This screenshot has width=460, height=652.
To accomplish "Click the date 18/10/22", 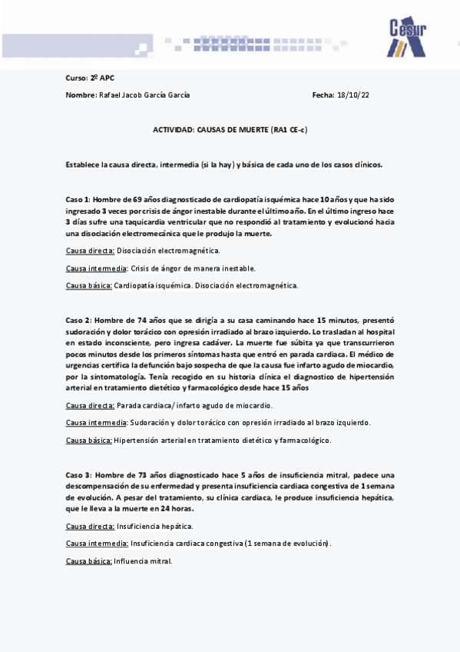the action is click(x=352, y=95).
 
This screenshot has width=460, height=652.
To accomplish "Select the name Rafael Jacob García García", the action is click(x=144, y=95).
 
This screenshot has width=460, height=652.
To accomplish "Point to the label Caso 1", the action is click(x=78, y=199).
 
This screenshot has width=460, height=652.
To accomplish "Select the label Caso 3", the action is click(x=78, y=475).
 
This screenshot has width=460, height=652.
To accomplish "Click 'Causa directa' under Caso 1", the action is click(x=90, y=251).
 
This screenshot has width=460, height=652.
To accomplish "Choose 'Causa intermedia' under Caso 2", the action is click(x=96, y=423).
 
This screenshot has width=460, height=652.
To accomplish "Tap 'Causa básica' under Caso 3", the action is click(x=88, y=561).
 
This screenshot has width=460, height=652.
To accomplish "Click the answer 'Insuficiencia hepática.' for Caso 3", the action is click(x=154, y=527).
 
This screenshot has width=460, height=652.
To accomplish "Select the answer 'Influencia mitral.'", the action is click(x=143, y=561).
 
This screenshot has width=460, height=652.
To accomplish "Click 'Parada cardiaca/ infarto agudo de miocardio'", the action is click(x=194, y=405).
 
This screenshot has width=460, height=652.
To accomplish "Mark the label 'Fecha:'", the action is click(x=323, y=95).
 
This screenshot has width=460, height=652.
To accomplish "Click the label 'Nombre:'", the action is click(x=81, y=95).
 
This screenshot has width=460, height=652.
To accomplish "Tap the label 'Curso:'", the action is click(x=77, y=78).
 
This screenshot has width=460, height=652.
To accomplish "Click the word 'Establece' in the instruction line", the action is click(x=82, y=165).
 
